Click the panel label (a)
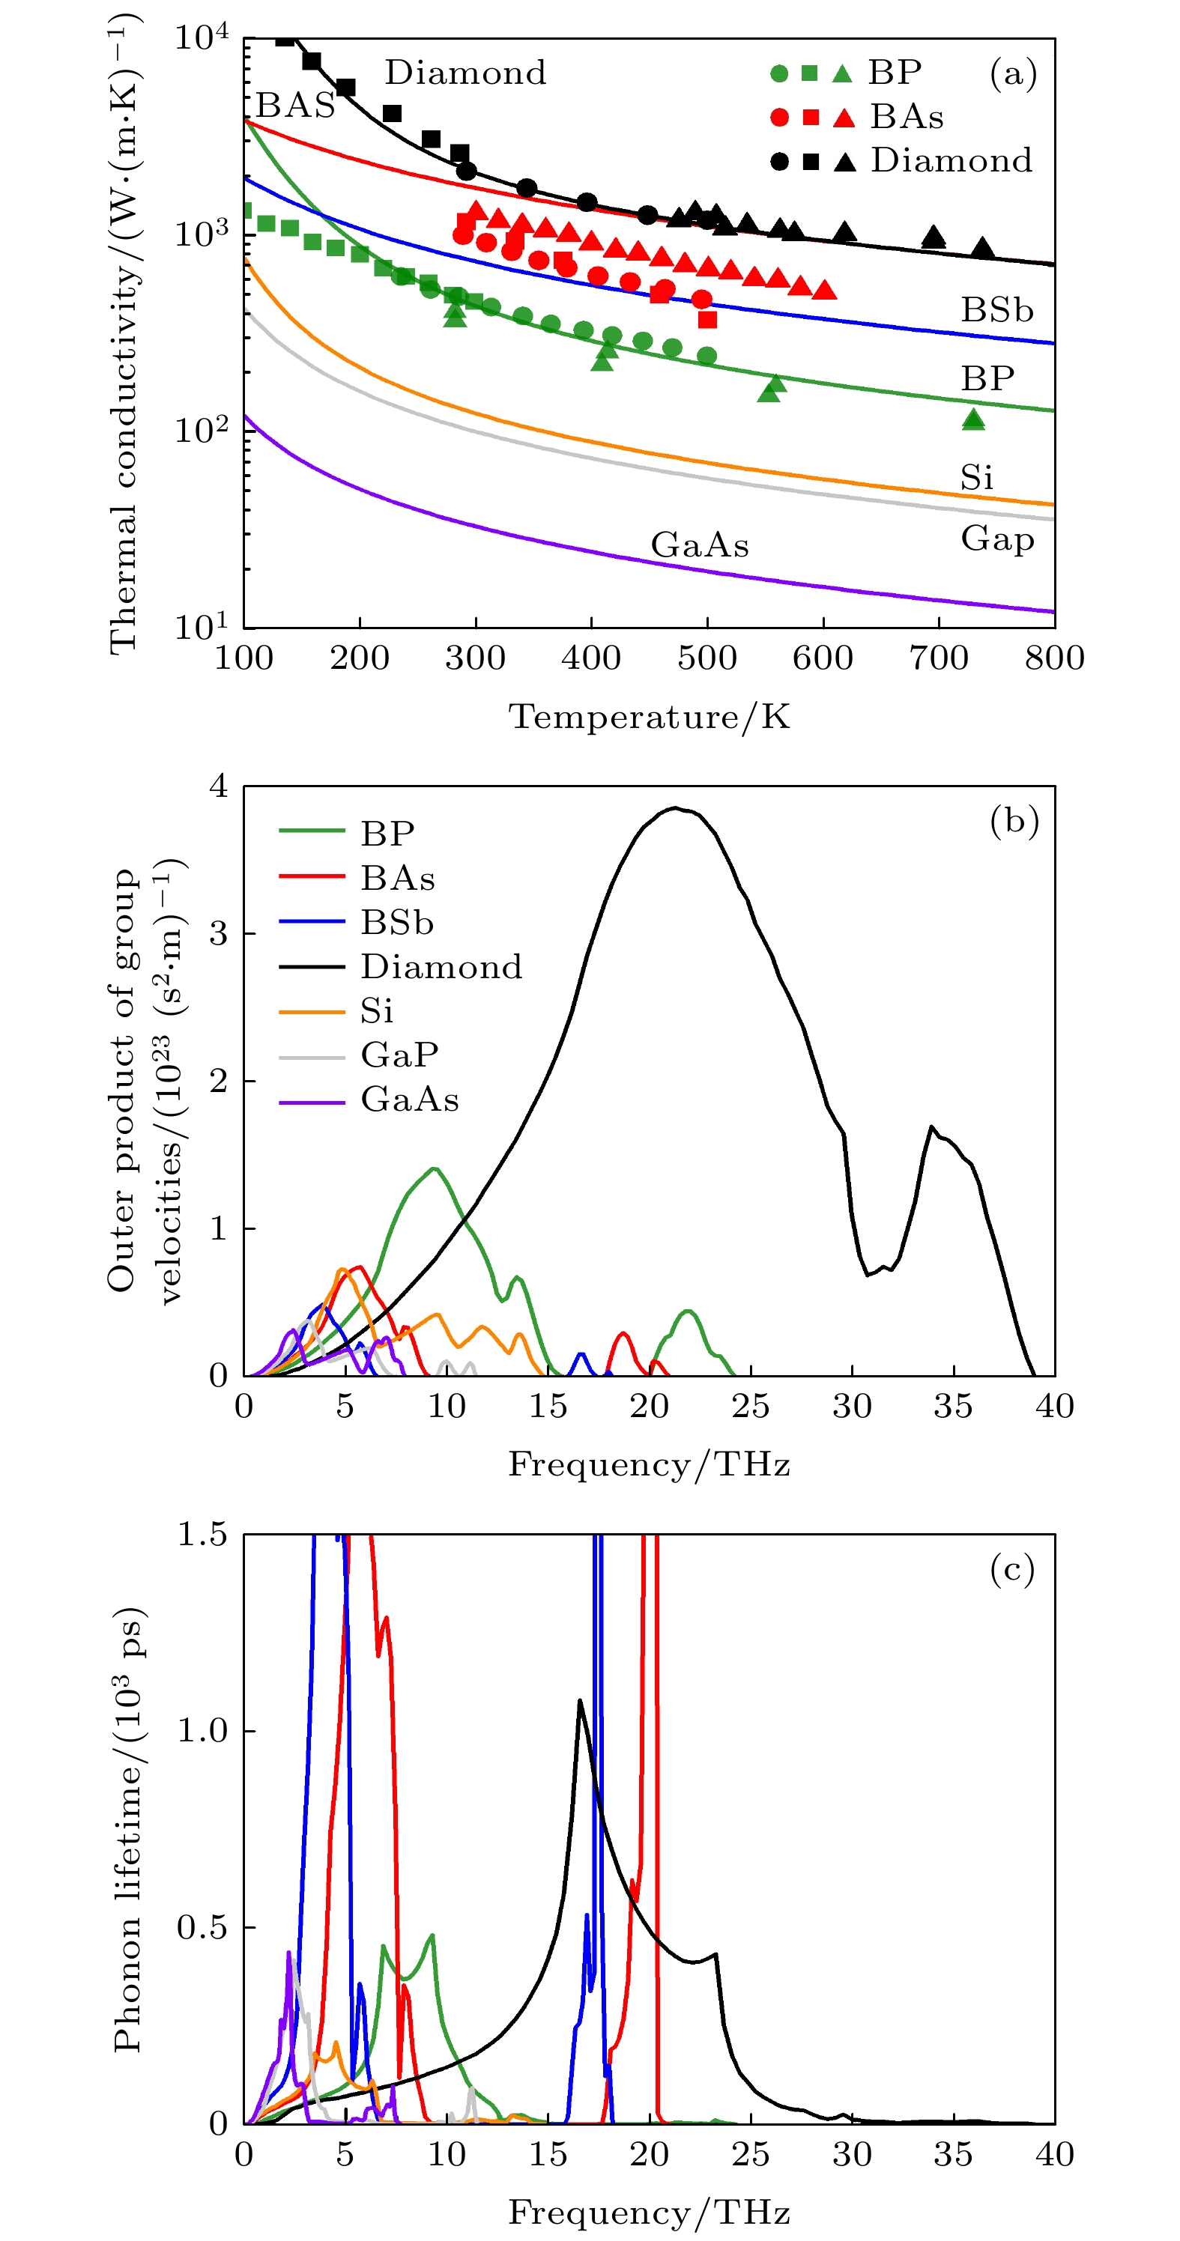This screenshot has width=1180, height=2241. point(1013,73)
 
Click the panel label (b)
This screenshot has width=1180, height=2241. point(1014,820)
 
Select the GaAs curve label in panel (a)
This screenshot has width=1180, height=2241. point(700,545)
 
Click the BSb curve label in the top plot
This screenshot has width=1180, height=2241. point(997,309)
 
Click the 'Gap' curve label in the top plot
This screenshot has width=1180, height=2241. point(997,539)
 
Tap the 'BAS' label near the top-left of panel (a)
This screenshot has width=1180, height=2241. point(295,106)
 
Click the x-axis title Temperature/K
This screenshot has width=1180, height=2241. point(649,717)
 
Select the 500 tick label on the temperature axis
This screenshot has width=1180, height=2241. point(707,658)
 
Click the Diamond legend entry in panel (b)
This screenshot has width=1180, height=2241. point(441,966)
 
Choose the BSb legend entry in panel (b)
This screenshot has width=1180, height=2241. point(397,922)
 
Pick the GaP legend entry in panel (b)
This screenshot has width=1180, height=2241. point(399,1055)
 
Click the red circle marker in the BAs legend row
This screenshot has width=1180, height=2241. point(780,118)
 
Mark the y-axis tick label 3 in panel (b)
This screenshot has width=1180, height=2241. point(219,933)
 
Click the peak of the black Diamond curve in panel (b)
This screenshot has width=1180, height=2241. point(675,808)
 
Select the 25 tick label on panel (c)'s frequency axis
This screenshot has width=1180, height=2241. point(750,2154)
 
